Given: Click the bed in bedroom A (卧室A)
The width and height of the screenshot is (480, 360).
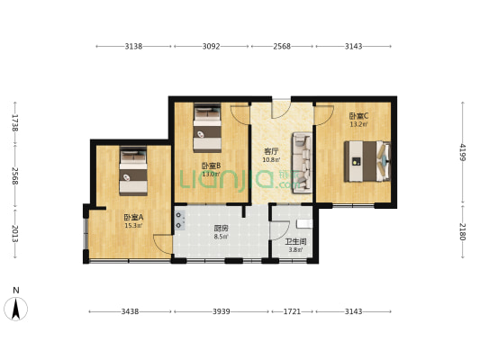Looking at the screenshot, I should click(x=133, y=172).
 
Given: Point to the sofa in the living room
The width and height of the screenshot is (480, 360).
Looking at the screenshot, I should click(x=303, y=162).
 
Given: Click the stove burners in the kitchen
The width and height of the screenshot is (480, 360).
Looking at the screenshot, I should click(x=180, y=220).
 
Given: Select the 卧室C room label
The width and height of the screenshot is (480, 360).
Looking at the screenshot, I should click(x=357, y=115).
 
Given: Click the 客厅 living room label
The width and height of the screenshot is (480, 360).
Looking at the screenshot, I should click(x=270, y=150).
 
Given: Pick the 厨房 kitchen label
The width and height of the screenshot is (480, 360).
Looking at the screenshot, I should click(x=221, y=229).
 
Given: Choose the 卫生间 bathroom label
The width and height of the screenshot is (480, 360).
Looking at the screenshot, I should click(x=295, y=241).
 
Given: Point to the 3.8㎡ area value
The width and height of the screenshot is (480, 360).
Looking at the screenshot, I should click(x=295, y=250).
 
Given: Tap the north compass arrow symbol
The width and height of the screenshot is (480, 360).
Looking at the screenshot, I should click(x=15, y=308).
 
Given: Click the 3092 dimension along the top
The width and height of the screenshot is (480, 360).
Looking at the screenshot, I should click(x=212, y=45).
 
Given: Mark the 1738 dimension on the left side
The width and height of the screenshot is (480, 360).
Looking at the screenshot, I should click(x=15, y=122).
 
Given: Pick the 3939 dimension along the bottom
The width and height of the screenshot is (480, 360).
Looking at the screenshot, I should click(x=221, y=311).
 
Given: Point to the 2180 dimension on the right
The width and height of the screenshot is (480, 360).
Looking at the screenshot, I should click(x=462, y=230).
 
